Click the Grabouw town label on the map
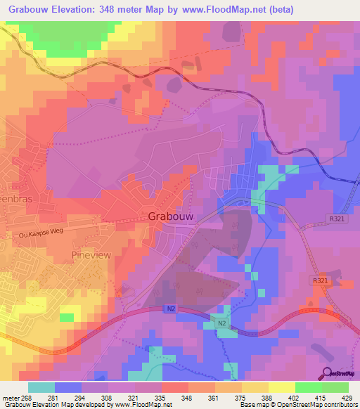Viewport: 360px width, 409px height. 171,217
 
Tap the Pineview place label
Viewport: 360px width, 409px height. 91,255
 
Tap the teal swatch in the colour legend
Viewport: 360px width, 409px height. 41,387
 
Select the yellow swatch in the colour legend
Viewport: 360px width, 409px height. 282,387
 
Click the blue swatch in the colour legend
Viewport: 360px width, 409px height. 68,387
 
